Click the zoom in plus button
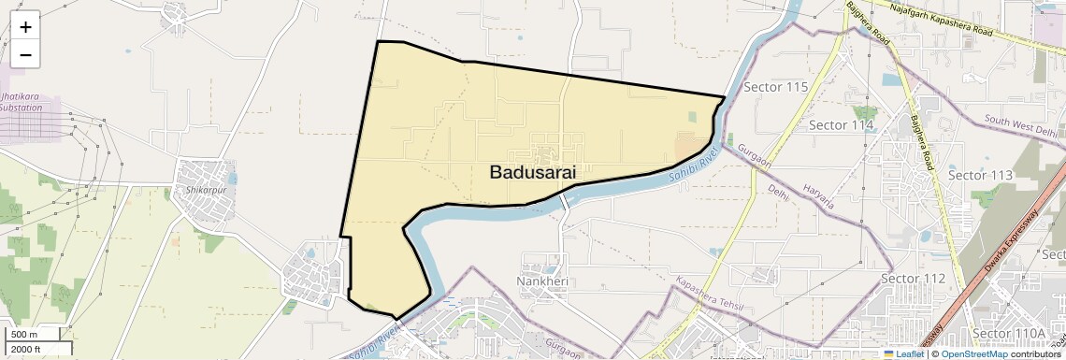(25, 27)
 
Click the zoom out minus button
(25, 54)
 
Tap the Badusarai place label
(532, 172)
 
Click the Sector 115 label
(775, 87)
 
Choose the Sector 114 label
(841, 124)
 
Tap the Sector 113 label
(980, 175)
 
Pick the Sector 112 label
(914, 279)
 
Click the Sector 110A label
(1008, 333)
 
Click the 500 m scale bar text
(24, 334)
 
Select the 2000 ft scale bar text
(26, 349)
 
